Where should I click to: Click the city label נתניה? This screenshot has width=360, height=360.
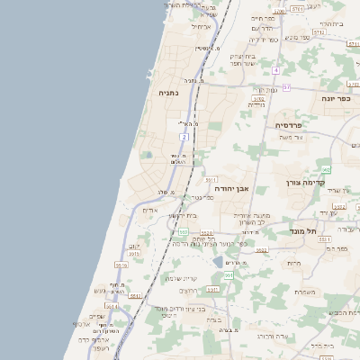click(x=168, y=93)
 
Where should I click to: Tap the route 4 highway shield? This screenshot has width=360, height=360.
click(x=276, y=70)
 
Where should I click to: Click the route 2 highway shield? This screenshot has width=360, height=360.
click(x=184, y=137)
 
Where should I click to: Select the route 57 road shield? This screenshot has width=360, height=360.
click(x=286, y=87)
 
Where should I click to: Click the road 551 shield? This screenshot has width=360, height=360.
click(x=229, y=275)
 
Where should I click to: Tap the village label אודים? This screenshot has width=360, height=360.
click(x=150, y=210)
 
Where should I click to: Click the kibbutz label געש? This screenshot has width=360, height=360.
click(x=98, y=291)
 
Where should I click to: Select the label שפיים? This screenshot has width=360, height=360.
click(x=96, y=315)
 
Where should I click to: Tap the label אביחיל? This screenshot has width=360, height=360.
click(x=200, y=26)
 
